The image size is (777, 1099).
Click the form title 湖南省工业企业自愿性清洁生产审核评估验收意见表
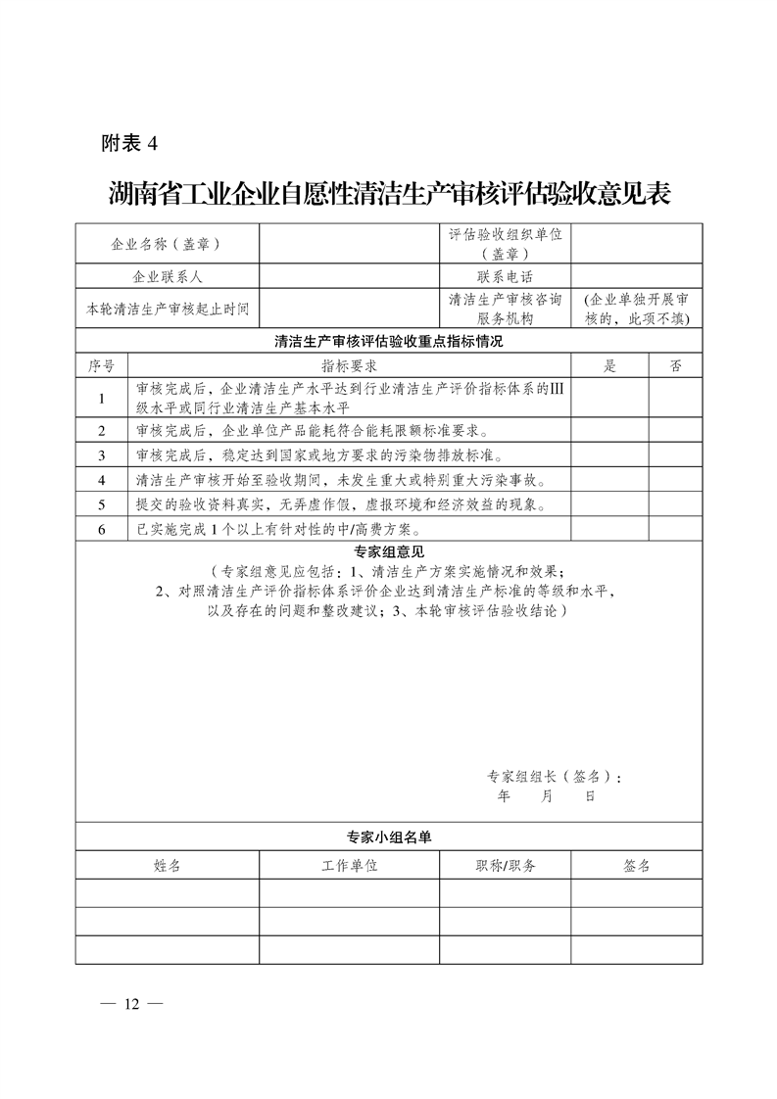click(x=388, y=192)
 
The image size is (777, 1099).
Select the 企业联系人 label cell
click(x=167, y=277)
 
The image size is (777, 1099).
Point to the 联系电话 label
click(x=506, y=277)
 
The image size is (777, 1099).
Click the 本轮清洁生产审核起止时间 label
click(x=167, y=310)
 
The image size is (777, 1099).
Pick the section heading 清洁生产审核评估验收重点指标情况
click(x=388, y=342)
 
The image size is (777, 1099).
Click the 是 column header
click(x=609, y=365)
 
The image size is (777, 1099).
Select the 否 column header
click(x=675, y=365)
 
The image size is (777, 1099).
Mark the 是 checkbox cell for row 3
click(x=609, y=455)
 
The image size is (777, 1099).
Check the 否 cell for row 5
click(x=675, y=504)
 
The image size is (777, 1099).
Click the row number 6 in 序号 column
click(x=101, y=529)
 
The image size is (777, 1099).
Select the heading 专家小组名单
click(x=388, y=837)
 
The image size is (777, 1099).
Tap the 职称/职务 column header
click(x=506, y=866)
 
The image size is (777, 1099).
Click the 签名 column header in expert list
click(x=636, y=866)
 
